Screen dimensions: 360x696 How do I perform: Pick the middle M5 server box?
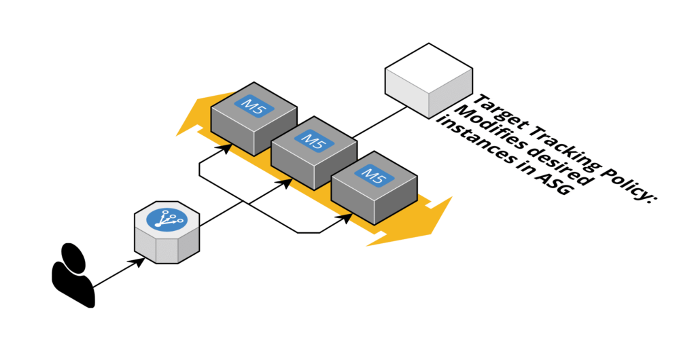pos(313,153)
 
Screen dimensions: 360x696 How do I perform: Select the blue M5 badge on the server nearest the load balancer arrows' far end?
pos(373,175)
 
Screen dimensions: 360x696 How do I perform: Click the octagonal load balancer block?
pos(167,234)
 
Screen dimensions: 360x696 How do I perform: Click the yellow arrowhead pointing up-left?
pos(192,119)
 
